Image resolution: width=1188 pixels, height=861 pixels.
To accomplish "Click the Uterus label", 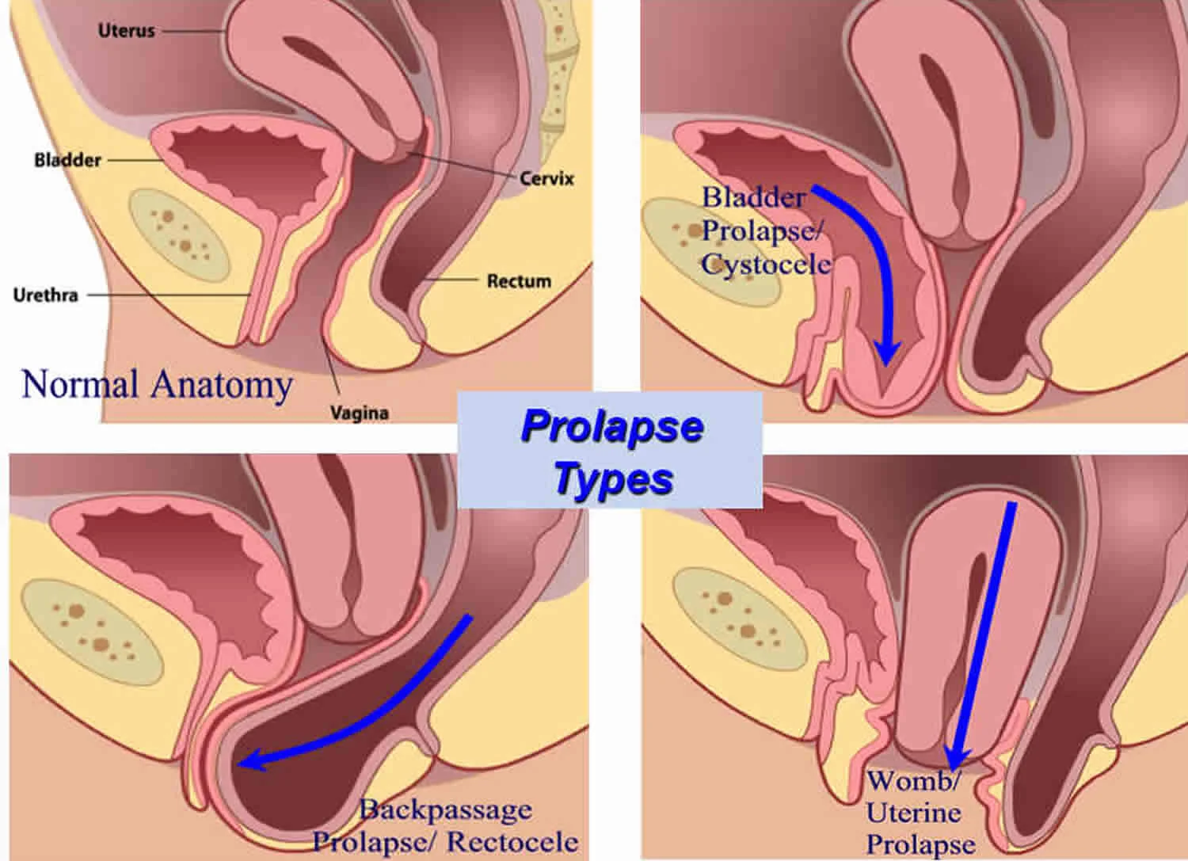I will click(126, 31).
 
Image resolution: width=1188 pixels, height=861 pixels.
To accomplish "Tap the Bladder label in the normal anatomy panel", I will click(67, 160).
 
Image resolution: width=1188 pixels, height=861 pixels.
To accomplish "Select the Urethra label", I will click(45, 295).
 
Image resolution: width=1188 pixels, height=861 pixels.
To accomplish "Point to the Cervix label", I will click(546, 178).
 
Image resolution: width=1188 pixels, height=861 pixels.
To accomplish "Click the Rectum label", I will click(519, 280).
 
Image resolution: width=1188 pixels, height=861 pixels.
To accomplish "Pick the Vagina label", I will click(360, 412).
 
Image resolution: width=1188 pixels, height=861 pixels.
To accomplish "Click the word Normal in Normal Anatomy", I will click(80, 384).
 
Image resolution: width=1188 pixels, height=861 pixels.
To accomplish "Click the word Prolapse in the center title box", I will click(612, 426).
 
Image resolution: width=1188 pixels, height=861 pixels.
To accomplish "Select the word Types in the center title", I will click(614, 478).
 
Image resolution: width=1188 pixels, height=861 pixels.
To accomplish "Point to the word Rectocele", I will click(512, 841).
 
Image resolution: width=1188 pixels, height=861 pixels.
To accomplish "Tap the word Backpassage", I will click(445, 810).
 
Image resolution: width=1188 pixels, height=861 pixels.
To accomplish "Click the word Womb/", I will click(913, 780).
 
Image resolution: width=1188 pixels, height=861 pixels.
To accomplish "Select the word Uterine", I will click(913, 812).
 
